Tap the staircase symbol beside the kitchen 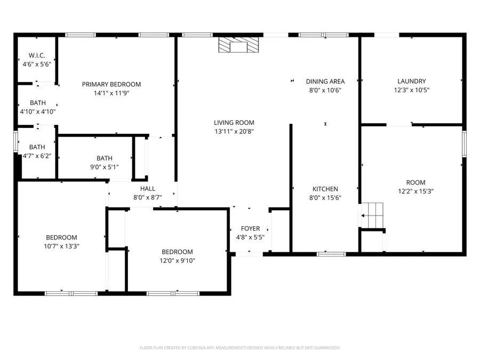pyautogui.click(x=372, y=215)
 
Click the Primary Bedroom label pyautogui.click(x=111, y=84)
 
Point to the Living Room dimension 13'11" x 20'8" pyautogui.click(x=234, y=131)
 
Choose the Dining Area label pyautogui.click(x=325, y=82)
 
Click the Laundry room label pyautogui.click(x=411, y=82)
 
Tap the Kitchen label pyautogui.click(x=325, y=189)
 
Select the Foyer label pyautogui.click(x=250, y=229)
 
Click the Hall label pyautogui.click(x=148, y=189)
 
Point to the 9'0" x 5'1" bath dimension pyautogui.click(x=105, y=167)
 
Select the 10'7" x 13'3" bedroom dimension pyautogui.click(x=61, y=246)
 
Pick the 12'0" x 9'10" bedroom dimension pyautogui.click(x=178, y=261)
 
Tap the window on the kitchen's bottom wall pyautogui.click(x=331, y=254)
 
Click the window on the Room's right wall pyautogui.click(x=465, y=143)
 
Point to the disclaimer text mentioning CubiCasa pyautogui.click(x=239, y=348)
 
